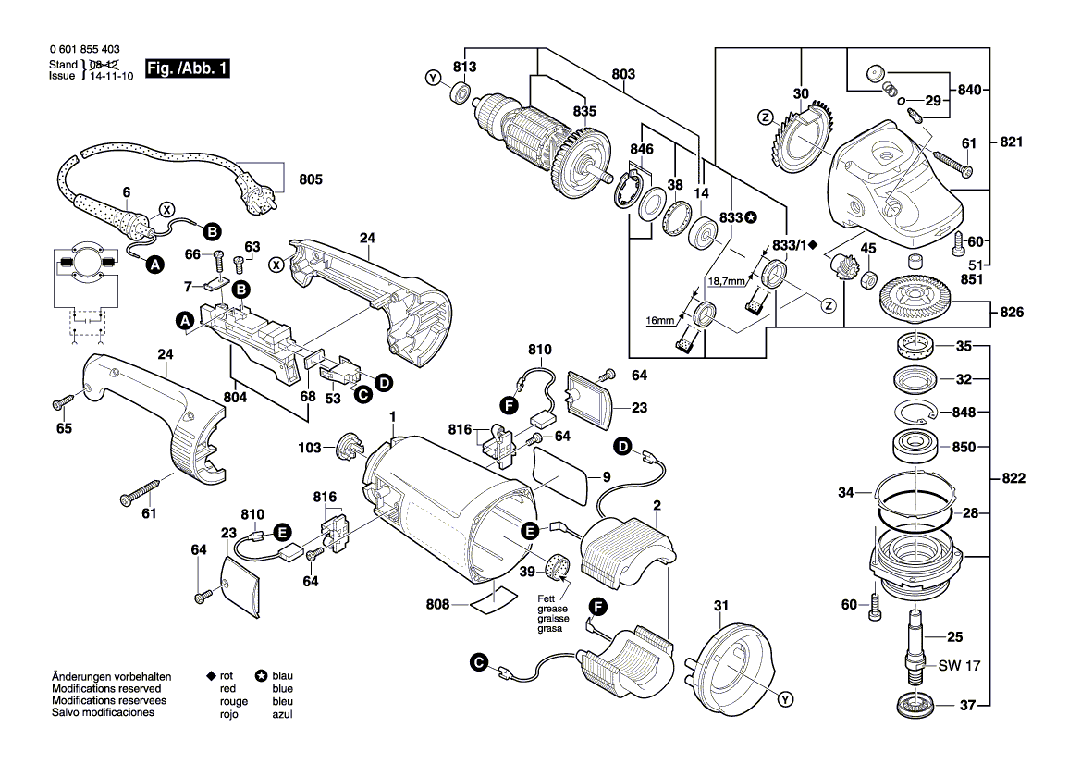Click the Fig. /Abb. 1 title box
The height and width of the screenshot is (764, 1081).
(188, 69)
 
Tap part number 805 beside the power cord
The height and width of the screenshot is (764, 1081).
(312, 179)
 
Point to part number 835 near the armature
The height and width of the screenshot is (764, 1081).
(584, 110)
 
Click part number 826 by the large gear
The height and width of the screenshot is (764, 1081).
(1012, 314)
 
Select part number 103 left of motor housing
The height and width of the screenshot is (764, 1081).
(310, 449)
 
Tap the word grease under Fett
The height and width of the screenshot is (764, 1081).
(554, 609)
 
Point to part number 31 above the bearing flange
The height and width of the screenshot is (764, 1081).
(721, 607)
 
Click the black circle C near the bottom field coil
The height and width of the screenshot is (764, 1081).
(478, 662)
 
